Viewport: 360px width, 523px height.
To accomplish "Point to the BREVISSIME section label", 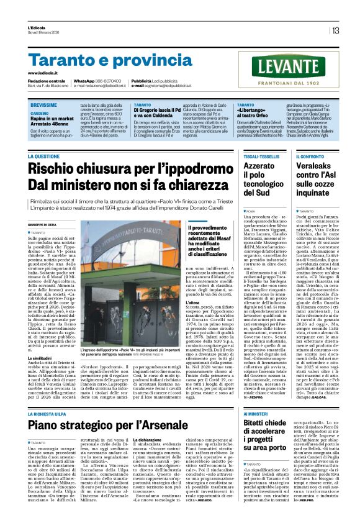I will tap(44, 106).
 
